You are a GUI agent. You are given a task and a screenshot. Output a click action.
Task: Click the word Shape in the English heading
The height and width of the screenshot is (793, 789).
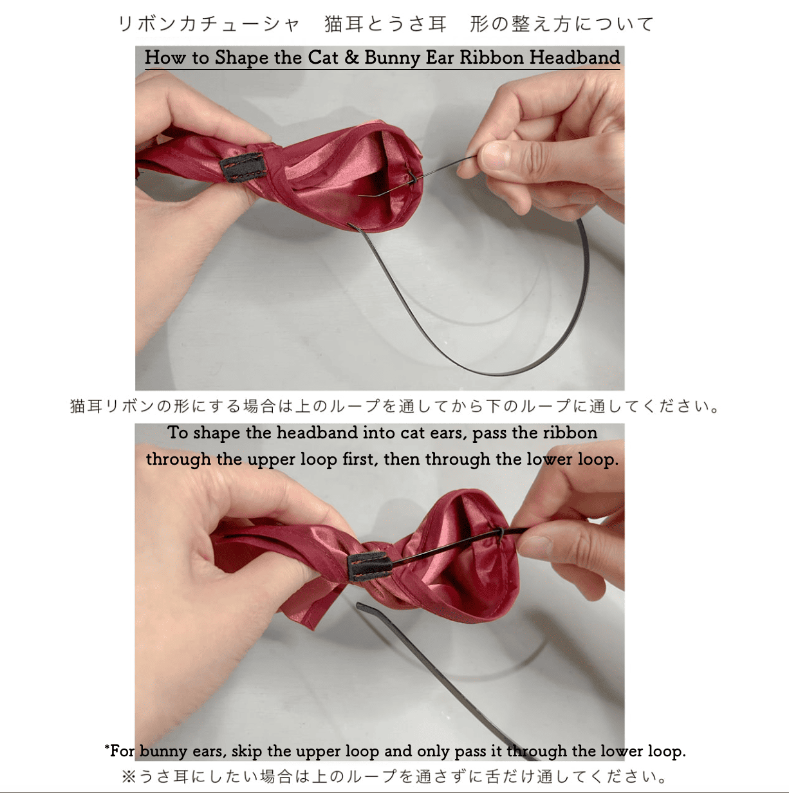click(241, 58)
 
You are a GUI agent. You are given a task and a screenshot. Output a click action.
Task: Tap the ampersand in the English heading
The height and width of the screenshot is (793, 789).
click(351, 57)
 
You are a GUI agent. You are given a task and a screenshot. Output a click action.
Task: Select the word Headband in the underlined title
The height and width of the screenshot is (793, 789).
click(574, 57)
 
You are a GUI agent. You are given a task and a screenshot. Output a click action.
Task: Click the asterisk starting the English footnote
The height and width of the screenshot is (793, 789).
click(107, 749)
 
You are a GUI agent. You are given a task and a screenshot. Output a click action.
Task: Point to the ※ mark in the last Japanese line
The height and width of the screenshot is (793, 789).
click(128, 776)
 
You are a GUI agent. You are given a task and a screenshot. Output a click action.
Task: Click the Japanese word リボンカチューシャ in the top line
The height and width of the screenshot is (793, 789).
click(208, 24)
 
